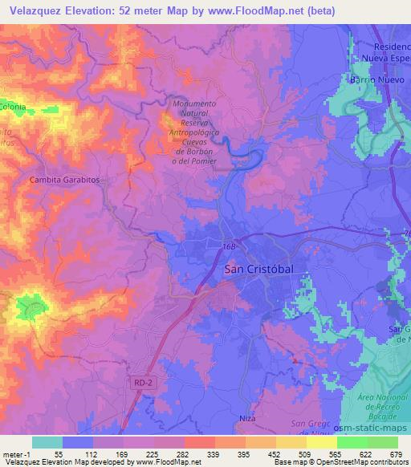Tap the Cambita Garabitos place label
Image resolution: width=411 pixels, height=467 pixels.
point(64,181)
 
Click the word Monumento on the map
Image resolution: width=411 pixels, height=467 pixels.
point(194,104)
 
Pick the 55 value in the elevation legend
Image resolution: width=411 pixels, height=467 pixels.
point(59,454)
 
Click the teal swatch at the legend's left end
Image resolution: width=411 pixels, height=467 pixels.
point(47,442)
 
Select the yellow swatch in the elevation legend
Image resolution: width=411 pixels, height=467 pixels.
point(321,442)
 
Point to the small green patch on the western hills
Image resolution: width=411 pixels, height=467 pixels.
point(32,306)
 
